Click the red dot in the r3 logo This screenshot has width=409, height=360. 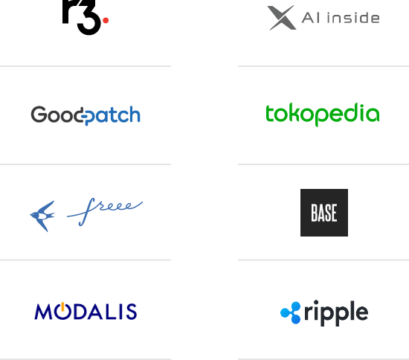coord(106,20)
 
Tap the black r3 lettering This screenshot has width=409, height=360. coord(81,17)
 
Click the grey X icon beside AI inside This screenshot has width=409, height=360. coord(282,18)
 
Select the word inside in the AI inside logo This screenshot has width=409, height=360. coord(353,18)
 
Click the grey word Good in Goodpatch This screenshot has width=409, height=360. coord(57,115)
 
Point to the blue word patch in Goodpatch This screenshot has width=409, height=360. coord(112,115)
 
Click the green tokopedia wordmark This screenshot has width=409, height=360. coord(323,115)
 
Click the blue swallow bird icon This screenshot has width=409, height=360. coord(42,216)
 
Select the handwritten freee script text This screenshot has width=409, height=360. coord(105,211)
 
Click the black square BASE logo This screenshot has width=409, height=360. coord(324,213)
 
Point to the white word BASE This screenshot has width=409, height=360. coord(324,213)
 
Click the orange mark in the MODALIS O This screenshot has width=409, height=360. coord(62,306)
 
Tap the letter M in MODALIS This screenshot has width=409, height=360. coord(43,312)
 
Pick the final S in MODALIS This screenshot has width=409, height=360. coord(132,312)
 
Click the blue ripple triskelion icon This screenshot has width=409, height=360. coord(291,313)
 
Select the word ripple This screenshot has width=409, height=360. coord(336,313)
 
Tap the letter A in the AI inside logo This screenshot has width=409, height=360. coord(309,18)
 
